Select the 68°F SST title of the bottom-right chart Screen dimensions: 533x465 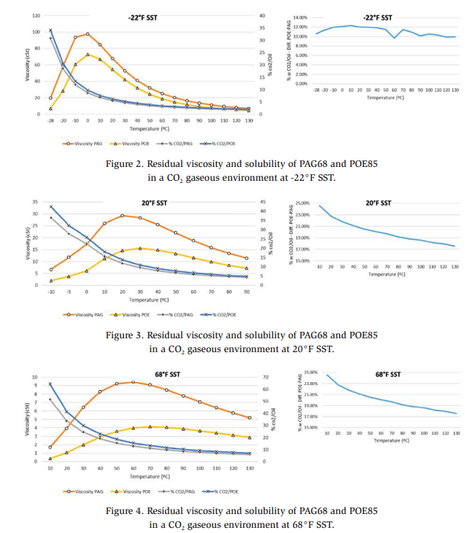[x=388, y=374]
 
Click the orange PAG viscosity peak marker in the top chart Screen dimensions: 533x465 [x=87, y=34]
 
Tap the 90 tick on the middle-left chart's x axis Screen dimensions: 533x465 [x=247, y=292]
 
